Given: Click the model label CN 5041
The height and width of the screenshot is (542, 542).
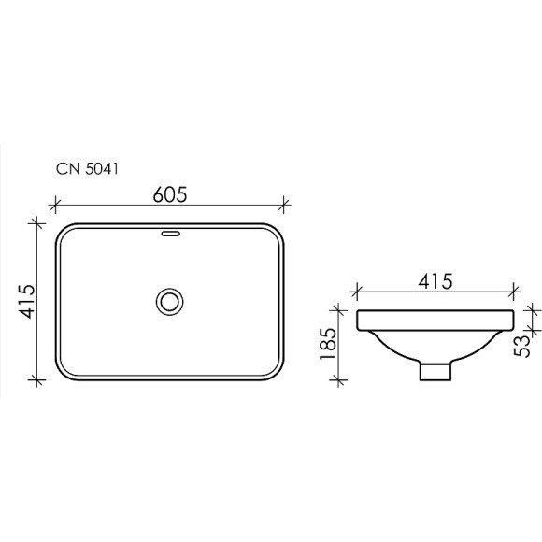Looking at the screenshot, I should click(85, 169).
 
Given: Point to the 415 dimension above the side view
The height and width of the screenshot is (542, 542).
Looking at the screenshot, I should click(435, 279).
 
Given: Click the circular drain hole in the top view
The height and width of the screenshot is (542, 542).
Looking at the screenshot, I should click(170, 301).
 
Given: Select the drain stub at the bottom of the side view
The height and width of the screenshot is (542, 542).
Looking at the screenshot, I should click(435, 371).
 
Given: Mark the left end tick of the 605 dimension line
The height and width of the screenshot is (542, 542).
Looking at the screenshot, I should click(57, 204).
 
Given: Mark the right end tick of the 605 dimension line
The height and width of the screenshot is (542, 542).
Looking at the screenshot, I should click(284, 204).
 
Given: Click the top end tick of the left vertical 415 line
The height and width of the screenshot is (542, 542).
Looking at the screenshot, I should click(37, 222).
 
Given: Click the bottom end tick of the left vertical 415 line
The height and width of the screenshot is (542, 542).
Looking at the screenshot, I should click(37, 379).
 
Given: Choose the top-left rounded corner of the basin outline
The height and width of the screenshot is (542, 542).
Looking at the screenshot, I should click(67, 233).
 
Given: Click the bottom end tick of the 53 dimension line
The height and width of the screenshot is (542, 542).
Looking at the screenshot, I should click(532, 329).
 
